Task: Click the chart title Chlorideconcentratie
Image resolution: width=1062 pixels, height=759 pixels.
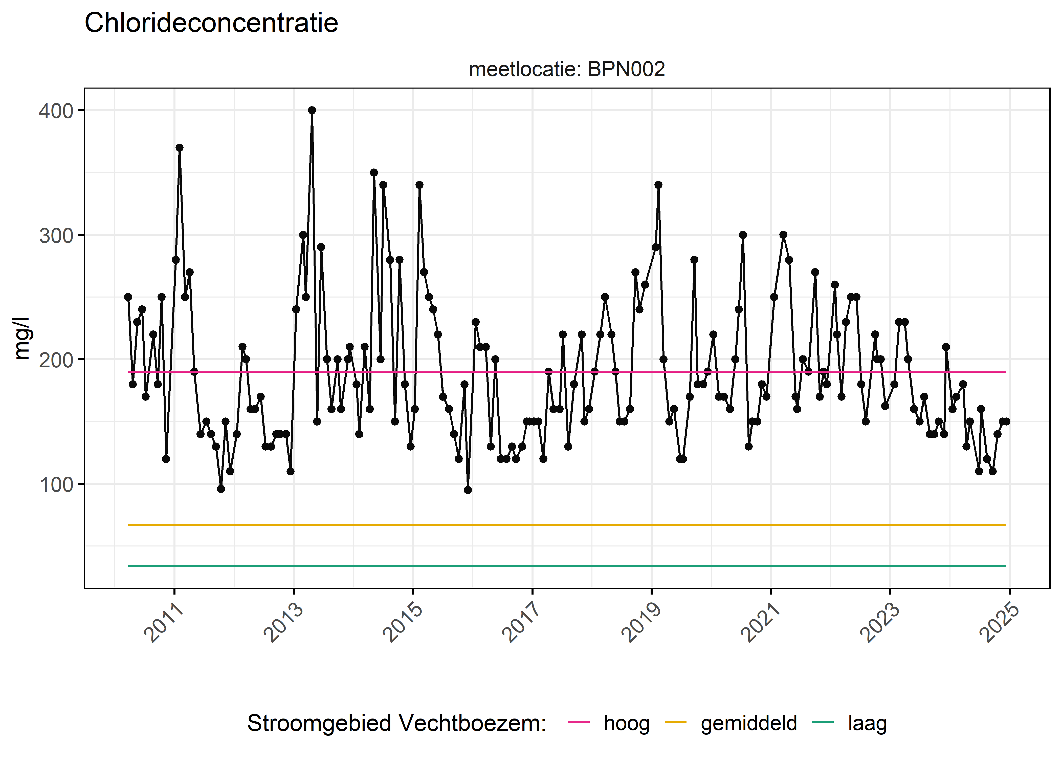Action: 211,23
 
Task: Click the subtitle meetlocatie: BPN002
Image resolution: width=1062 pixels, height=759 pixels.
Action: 566,70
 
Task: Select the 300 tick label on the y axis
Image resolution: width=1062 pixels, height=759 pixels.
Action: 56,236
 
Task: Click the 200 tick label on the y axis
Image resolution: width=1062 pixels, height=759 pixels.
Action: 56,360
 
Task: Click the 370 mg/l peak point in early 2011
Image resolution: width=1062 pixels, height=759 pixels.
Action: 179,148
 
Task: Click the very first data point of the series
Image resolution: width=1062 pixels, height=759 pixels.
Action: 128,297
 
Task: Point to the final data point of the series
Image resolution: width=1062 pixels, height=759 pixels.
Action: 1006,421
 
